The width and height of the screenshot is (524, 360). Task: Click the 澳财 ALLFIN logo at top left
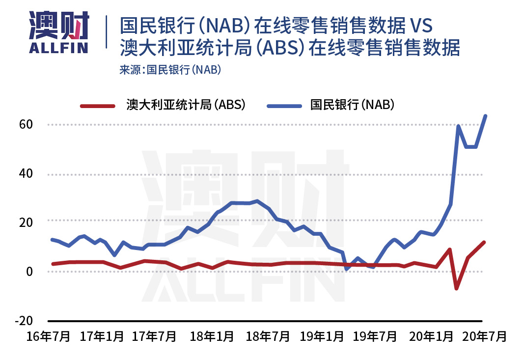pos(58,32)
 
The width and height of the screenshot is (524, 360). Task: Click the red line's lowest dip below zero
pos(456,288)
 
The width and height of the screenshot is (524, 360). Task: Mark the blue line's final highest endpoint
pos(485,116)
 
